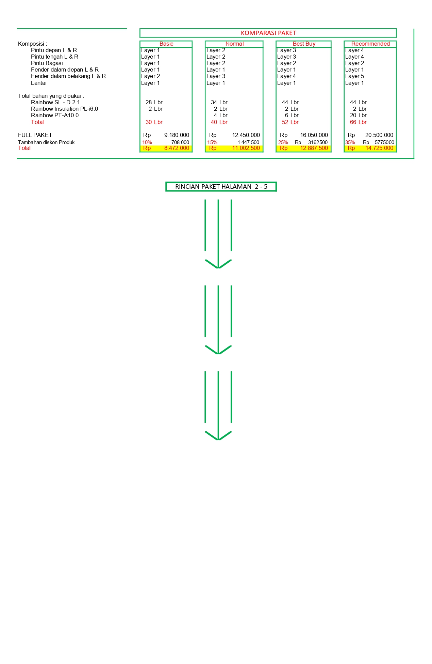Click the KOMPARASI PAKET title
(268, 33)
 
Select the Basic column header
(166, 44)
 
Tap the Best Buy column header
(304, 44)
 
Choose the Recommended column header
(370, 44)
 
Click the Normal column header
(234, 44)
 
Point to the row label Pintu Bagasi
(47, 63)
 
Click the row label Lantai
(38, 83)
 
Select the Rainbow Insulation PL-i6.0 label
(64, 109)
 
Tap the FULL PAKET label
(35, 135)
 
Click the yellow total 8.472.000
(177, 148)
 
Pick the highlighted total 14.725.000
(379, 148)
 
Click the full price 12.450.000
(246, 135)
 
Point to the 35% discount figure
(350, 142)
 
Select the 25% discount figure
(283, 142)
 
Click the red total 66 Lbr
(358, 122)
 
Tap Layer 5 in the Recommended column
(354, 76)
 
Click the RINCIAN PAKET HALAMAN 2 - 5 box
(221, 187)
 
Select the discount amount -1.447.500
(247, 142)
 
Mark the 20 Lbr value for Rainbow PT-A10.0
(358, 115)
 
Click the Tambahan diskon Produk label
(46, 142)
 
